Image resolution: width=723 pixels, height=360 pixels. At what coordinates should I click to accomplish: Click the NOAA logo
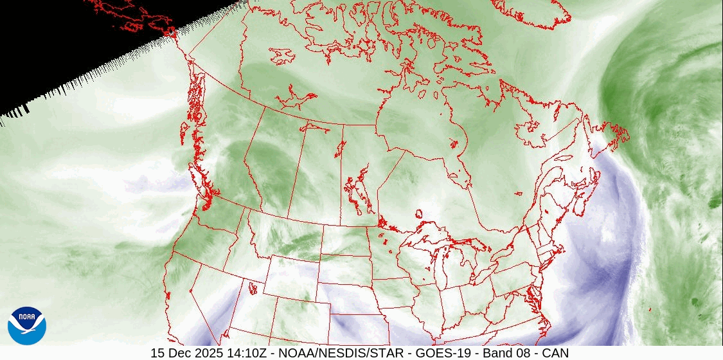tap(26, 325)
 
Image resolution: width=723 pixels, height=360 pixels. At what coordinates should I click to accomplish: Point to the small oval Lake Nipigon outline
tap(419, 213)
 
